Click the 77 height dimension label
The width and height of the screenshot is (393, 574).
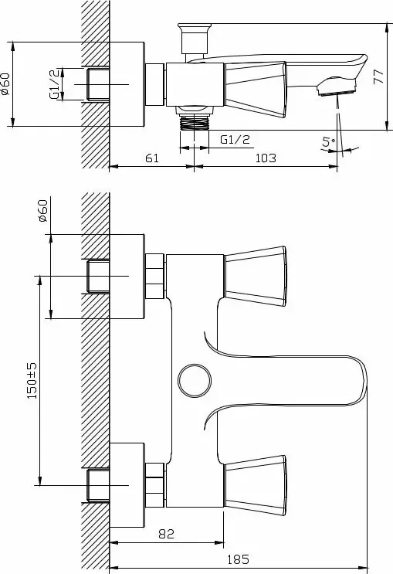click(x=379, y=76)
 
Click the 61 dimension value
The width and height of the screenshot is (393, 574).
click(x=152, y=158)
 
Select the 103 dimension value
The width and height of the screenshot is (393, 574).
click(x=266, y=158)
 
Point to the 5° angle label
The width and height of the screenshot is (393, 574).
click(x=328, y=141)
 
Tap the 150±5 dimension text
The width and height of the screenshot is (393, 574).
click(x=32, y=381)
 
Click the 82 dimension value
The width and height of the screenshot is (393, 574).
click(x=167, y=534)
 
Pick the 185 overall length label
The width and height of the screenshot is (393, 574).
click(x=239, y=560)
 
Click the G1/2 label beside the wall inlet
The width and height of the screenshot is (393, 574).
click(x=54, y=83)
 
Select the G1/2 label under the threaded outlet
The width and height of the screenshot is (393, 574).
click(x=235, y=140)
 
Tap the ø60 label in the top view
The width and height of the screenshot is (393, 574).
click(x=5, y=84)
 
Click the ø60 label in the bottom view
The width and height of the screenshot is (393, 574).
click(x=42, y=210)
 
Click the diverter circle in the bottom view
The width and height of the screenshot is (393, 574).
click(x=195, y=381)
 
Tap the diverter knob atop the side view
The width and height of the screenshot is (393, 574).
click(x=195, y=38)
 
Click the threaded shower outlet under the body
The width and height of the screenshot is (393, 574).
click(x=195, y=118)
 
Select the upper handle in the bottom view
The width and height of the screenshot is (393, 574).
click(x=255, y=276)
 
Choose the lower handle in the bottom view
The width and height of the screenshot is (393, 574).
click(x=255, y=485)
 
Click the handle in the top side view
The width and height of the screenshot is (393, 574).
click(x=255, y=90)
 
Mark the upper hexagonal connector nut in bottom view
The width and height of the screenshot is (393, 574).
click(x=154, y=276)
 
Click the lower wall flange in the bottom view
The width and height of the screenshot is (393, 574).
click(x=127, y=485)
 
